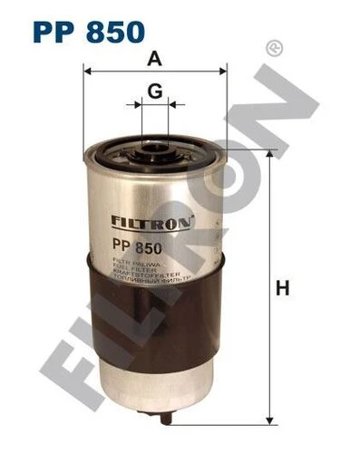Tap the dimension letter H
[x=283, y=290]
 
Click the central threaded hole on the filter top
[x=155, y=143]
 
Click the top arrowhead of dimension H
[x=269, y=155]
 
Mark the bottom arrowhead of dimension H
[x=269, y=419]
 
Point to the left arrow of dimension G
[x=139, y=104]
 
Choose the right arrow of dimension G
[x=171, y=104]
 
